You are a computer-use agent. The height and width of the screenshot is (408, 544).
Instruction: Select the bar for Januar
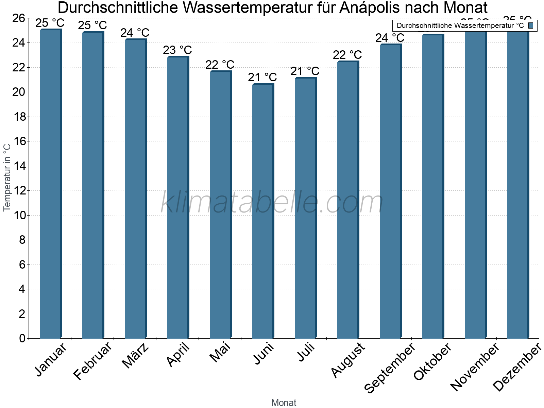point(50,184)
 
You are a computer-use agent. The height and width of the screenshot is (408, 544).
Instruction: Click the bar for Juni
point(263,211)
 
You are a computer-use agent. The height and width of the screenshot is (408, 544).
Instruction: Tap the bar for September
point(390,190)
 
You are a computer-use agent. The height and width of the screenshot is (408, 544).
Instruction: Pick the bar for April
point(178,197)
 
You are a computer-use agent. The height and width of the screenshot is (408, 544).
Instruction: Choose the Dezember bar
point(518,184)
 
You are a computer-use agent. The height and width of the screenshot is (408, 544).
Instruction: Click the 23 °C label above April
point(177,50)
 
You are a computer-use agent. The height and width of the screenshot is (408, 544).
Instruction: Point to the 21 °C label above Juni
point(262,78)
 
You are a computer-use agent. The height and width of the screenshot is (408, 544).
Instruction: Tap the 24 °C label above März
point(135,33)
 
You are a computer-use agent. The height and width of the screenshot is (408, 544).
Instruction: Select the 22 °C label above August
point(347,55)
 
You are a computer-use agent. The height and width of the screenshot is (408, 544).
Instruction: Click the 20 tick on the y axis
point(20,92)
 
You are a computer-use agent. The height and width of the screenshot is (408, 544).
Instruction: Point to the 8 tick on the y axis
point(22,240)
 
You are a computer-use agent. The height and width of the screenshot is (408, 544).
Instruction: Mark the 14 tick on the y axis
point(20,166)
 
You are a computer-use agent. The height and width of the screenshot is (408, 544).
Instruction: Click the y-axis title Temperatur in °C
point(7,177)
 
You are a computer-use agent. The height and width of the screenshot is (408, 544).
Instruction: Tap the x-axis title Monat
point(284,403)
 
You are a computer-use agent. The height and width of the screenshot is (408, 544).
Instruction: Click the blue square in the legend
point(531,26)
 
